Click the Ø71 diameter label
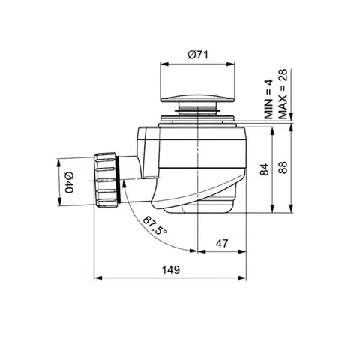[197, 55]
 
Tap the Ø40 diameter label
[69, 183]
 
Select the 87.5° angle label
[154, 225]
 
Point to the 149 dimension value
[171, 270]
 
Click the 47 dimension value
[222, 243]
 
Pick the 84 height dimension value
[264, 169]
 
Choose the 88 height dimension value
[283, 168]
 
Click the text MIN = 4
[268, 99]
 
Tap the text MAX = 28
[283, 94]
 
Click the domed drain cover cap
[197, 97]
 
